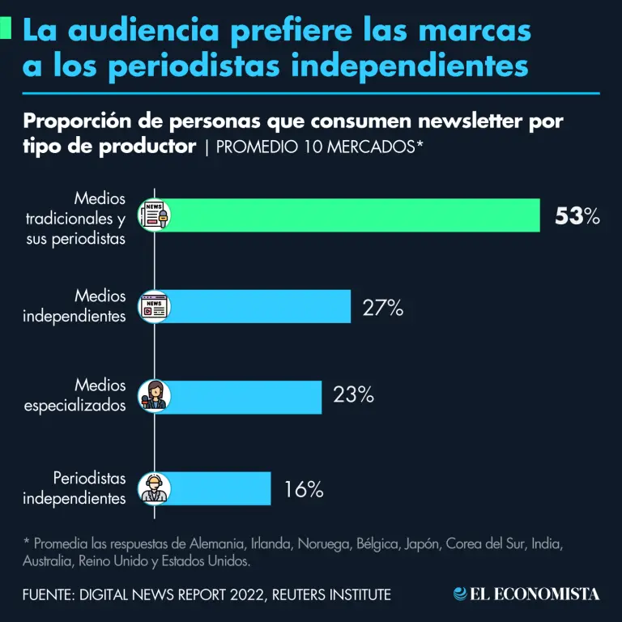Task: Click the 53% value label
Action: coord(577,216)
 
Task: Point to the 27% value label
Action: coord(382,308)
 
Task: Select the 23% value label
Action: coord(353,395)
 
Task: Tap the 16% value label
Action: coord(304,489)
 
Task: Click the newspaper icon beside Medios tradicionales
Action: coord(153,215)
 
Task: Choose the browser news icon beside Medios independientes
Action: coord(153,307)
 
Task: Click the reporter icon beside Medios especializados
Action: coord(153,397)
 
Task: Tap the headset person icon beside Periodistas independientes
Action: coord(153,488)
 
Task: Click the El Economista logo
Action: coord(526,594)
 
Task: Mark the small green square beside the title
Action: coord(6,29)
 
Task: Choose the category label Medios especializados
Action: coord(75,395)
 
